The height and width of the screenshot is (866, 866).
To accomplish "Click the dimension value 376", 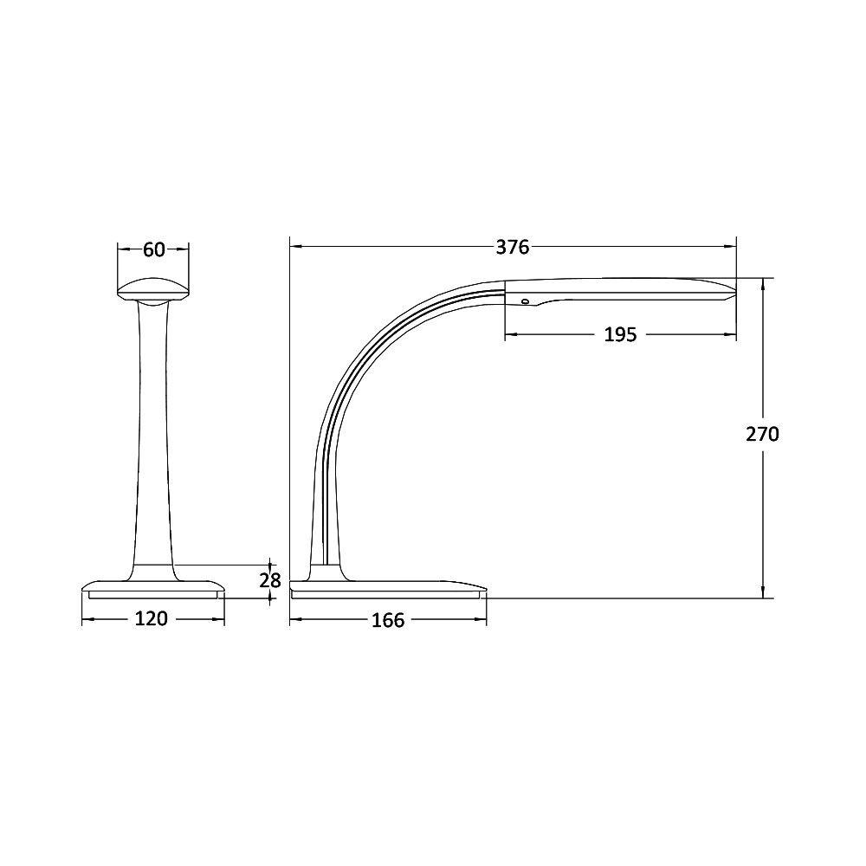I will click(x=512, y=248).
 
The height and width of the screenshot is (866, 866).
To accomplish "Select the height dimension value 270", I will click(x=762, y=434).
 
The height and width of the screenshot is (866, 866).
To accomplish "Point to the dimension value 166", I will click(x=387, y=621).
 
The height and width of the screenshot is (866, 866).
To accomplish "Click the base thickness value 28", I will click(x=271, y=580).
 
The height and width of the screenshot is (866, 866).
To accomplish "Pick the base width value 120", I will click(x=152, y=619).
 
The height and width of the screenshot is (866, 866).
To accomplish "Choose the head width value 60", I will click(x=153, y=249).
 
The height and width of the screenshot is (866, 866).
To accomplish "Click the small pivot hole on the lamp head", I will click(x=524, y=301).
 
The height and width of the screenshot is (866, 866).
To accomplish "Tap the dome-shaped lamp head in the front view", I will click(x=153, y=288).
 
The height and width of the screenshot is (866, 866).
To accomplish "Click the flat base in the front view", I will click(x=153, y=588).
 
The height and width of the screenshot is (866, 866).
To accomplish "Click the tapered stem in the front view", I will click(x=153, y=433).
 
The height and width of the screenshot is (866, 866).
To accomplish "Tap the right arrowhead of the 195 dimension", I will click(x=733, y=334).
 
